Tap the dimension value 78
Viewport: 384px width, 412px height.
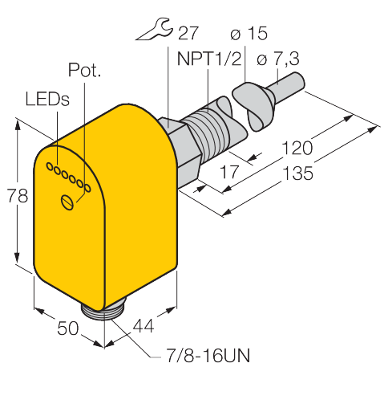17,196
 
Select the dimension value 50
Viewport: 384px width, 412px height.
68,328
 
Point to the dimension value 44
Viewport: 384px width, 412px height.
143,326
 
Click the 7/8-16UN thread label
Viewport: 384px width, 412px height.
208,356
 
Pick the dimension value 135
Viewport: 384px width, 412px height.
297,173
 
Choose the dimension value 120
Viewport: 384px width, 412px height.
297,148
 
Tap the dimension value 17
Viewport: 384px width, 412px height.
229,172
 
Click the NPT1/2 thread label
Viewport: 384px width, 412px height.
209,59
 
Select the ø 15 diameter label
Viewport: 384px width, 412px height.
249,34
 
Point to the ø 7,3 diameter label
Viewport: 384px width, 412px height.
278,59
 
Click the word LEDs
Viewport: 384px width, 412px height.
47,99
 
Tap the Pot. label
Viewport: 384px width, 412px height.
84,70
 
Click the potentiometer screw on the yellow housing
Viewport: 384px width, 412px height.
67,202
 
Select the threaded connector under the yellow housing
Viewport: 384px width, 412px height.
103,312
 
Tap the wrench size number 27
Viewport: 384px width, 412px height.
188,33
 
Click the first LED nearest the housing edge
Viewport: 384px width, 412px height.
50,166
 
